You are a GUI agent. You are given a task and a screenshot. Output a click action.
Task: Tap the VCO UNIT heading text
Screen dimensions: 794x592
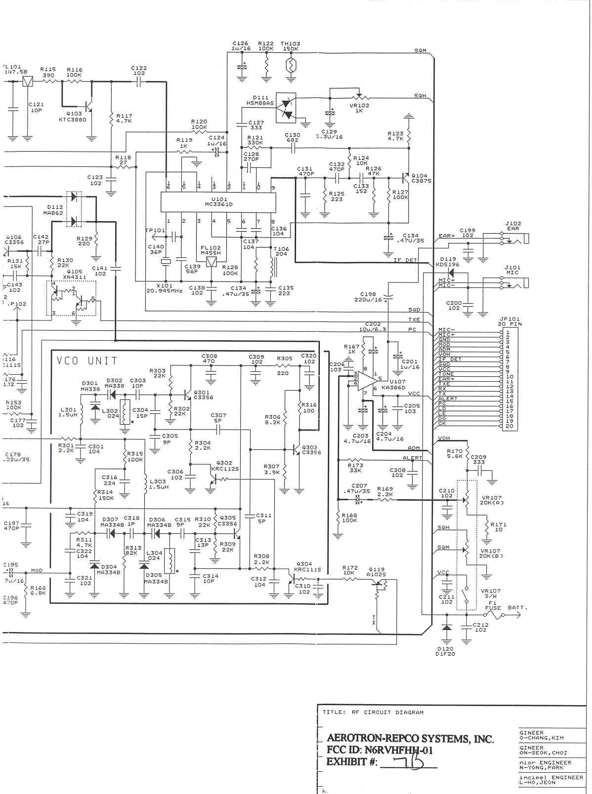click(87, 360)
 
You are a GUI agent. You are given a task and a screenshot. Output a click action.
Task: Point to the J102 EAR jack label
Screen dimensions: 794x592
click(512, 226)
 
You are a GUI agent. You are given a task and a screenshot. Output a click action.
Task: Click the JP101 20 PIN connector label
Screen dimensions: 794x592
click(509, 321)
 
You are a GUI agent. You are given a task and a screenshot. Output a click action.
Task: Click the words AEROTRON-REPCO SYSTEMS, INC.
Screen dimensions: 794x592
click(410, 739)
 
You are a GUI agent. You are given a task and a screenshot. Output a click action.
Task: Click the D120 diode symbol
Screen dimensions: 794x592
click(447, 629)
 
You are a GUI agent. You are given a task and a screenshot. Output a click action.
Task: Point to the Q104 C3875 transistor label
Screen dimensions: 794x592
click(421, 178)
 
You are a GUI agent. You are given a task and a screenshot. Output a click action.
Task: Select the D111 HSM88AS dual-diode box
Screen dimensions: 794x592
click(286, 107)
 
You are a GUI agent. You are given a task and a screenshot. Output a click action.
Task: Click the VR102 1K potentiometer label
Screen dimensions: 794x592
click(359, 108)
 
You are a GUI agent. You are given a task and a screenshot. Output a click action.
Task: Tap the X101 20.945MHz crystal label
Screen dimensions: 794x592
click(165, 288)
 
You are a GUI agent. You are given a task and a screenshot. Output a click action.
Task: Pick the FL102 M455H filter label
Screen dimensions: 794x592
click(211, 250)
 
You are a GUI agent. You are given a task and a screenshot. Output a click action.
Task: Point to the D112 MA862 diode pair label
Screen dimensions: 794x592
click(55, 210)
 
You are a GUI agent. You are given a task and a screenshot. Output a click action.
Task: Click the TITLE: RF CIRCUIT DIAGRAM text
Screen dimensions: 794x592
click(373, 712)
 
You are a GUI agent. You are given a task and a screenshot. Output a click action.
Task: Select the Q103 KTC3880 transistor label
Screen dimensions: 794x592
click(73, 117)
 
